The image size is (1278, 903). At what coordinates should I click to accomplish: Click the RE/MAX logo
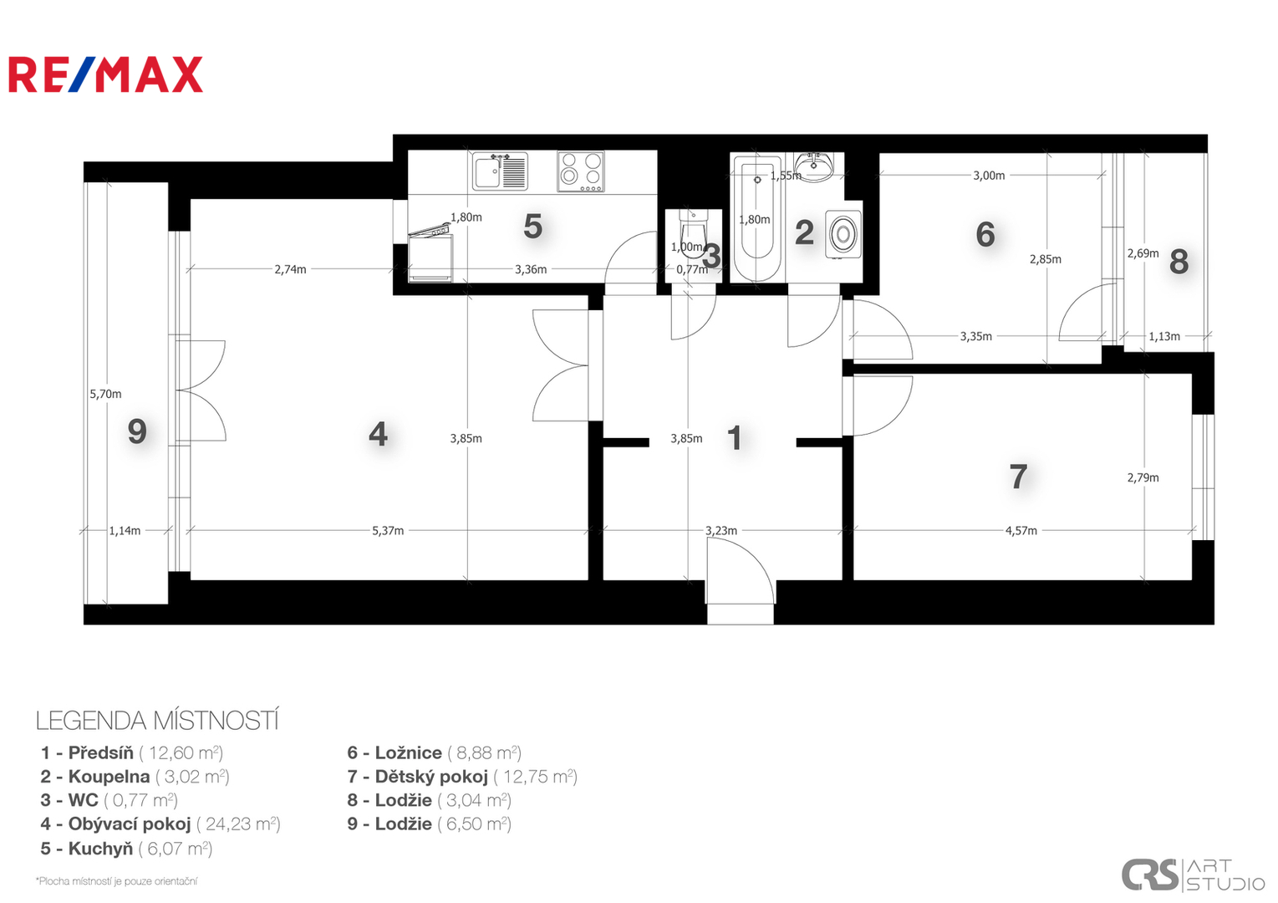pos(105,74)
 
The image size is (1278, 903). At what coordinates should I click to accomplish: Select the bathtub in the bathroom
pos(757,218)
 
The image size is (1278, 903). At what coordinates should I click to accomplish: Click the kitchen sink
pos(500,171)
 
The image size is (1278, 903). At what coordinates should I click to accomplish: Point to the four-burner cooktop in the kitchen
pos(581,171)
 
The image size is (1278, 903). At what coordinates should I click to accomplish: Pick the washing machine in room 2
pos(843,233)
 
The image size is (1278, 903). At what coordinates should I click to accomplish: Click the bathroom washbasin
pos(815,166)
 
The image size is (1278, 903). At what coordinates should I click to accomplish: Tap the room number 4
pos(379,435)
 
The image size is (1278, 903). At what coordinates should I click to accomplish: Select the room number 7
pos(1018,476)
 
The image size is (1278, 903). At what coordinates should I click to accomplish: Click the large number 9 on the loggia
pos(137,431)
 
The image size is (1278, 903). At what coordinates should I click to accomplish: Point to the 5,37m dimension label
pos(388,531)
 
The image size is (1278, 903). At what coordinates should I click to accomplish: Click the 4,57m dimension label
pos(1021,531)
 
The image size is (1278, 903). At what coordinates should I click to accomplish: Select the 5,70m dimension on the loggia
pos(105,394)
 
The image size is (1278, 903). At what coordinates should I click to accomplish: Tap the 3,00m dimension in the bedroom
pos(989,176)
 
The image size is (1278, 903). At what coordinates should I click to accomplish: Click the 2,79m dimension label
pos(1143,477)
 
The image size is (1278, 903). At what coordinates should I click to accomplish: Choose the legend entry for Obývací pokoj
pos(160,824)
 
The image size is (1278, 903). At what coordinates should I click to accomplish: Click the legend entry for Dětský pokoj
pos(463,777)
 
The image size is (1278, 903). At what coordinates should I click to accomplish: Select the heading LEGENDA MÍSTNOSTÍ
pos(157,721)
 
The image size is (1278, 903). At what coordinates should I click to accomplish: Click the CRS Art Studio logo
pos(1193,875)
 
